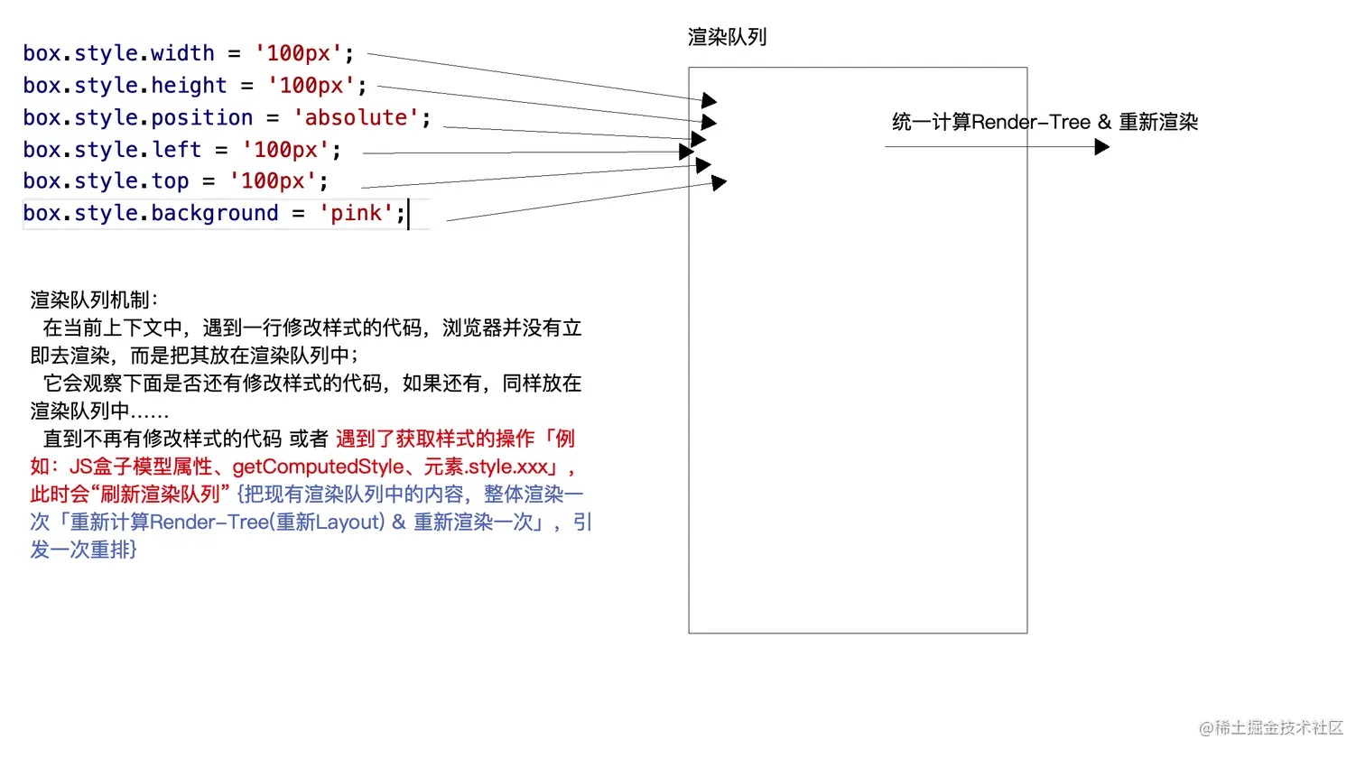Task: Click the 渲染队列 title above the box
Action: (727, 38)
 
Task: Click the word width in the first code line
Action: (182, 53)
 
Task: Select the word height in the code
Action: (189, 86)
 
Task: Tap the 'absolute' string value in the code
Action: (356, 117)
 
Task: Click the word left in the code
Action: (176, 150)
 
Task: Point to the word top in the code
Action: (170, 181)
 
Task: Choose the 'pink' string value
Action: (356, 214)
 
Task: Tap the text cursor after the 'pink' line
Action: (409, 215)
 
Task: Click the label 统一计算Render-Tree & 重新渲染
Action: (1045, 123)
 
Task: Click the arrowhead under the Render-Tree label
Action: (1101, 146)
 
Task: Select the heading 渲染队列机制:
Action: (94, 300)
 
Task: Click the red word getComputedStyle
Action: (318, 467)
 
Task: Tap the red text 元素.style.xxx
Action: (487, 467)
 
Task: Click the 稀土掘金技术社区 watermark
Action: (1270, 727)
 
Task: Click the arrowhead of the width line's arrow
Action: (709, 100)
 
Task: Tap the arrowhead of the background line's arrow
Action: (719, 183)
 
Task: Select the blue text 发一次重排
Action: (83, 550)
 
